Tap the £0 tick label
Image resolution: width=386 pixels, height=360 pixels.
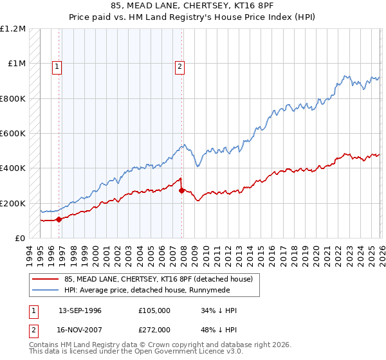click(x=19, y=239)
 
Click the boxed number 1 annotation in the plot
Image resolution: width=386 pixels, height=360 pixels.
click(x=57, y=65)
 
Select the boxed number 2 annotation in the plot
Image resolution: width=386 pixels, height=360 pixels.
click(x=179, y=65)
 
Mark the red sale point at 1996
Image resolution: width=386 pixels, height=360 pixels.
click(x=59, y=219)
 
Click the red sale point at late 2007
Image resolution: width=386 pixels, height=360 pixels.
click(x=181, y=190)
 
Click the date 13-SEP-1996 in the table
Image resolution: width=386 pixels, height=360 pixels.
click(x=80, y=310)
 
